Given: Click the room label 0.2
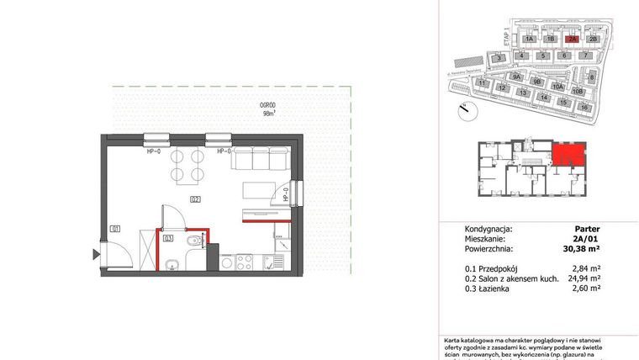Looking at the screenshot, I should (x=194, y=199).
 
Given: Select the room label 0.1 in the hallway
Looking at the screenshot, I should (x=114, y=227).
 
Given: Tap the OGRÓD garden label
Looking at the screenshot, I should (x=269, y=107).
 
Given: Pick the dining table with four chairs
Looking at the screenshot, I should (x=187, y=166).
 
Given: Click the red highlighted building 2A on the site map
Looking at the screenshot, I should (x=572, y=39).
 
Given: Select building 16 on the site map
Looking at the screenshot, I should (x=584, y=107).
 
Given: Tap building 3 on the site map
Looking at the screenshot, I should (x=499, y=57).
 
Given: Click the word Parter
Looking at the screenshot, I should (x=587, y=229).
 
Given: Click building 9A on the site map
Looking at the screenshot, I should (x=517, y=77).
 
